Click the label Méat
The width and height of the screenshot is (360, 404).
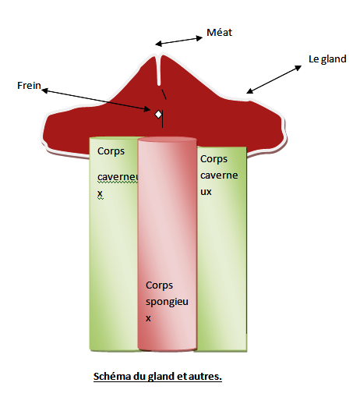pos(219,33)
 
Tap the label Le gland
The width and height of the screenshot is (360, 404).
pos(327,59)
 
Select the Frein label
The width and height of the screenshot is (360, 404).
pos(29,86)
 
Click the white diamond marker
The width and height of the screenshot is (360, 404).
pos(158,115)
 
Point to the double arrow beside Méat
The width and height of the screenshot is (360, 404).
pos(179,41)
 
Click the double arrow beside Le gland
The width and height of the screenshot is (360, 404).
pos(274,80)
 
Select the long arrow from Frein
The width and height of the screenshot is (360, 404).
pos(96,100)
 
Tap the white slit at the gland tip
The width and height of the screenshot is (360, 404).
pos(159,69)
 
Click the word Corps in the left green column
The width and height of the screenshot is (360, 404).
pos(111,151)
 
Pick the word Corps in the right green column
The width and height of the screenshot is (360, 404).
pos(214,159)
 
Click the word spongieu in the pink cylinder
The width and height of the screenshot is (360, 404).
pos(167,302)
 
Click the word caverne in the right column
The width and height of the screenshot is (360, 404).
pos(219,175)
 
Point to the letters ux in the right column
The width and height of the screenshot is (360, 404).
pos(206,192)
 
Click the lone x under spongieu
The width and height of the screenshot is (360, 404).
pos(148,318)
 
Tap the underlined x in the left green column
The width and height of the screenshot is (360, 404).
pos(100,193)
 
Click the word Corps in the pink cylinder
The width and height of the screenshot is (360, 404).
pos(159,285)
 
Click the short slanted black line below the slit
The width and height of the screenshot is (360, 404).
pos(164,94)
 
